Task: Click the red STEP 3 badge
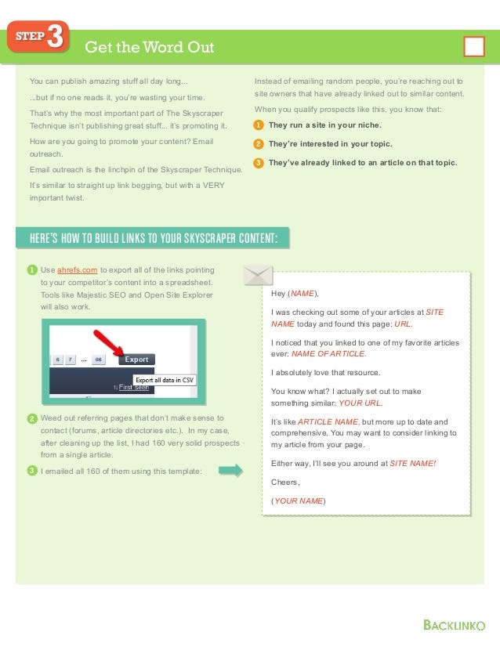[x=38, y=36]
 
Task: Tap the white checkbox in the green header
[x=474, y=46]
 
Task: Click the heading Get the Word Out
[x=150, y=47]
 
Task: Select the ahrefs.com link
[x=78, y=270]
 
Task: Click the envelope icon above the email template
[x=258, y=275]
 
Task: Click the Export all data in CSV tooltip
[x=165, y=380]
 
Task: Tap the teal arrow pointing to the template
[x=230, y=471]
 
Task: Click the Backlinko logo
[x=455, y=625]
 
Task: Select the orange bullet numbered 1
[x=259, y=125]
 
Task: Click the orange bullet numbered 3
[x=259, y=163]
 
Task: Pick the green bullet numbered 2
[x=32, y=418]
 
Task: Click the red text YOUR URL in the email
[x=361, y=403]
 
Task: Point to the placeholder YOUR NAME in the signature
[x=299, y=501]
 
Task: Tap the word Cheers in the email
[x=284, y=482]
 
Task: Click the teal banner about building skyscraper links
[x=153, y=238]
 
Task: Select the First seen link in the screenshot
[x=133, y=387]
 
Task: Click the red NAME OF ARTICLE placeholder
[x=328, y=353]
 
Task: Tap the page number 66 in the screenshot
[x=98, y=360]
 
